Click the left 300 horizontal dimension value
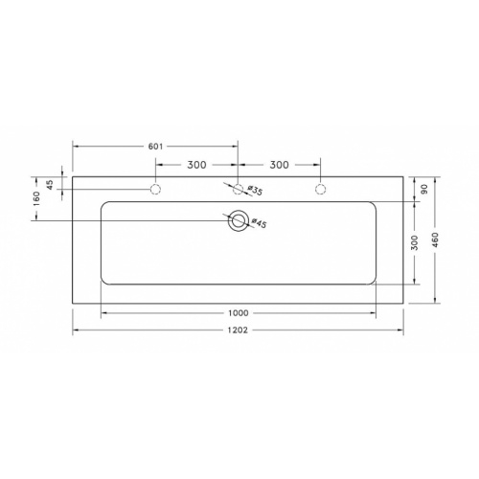(197, 164)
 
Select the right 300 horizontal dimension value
(279, 164)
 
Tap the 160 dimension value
(36, 198)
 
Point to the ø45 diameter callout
(258, 223)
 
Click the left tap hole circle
(155, 190)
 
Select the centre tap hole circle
(238, 190)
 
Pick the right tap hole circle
(320, 190)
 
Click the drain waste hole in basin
(238, 221)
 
